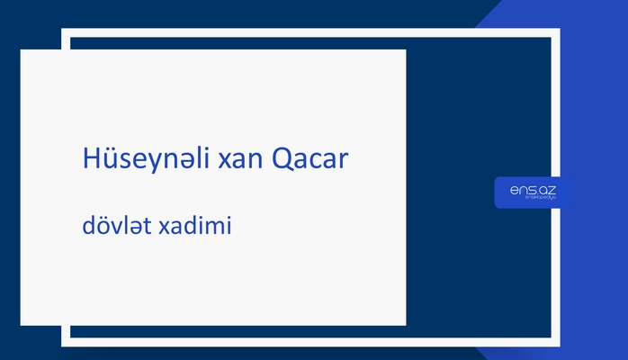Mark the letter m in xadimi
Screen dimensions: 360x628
(216, 229)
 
